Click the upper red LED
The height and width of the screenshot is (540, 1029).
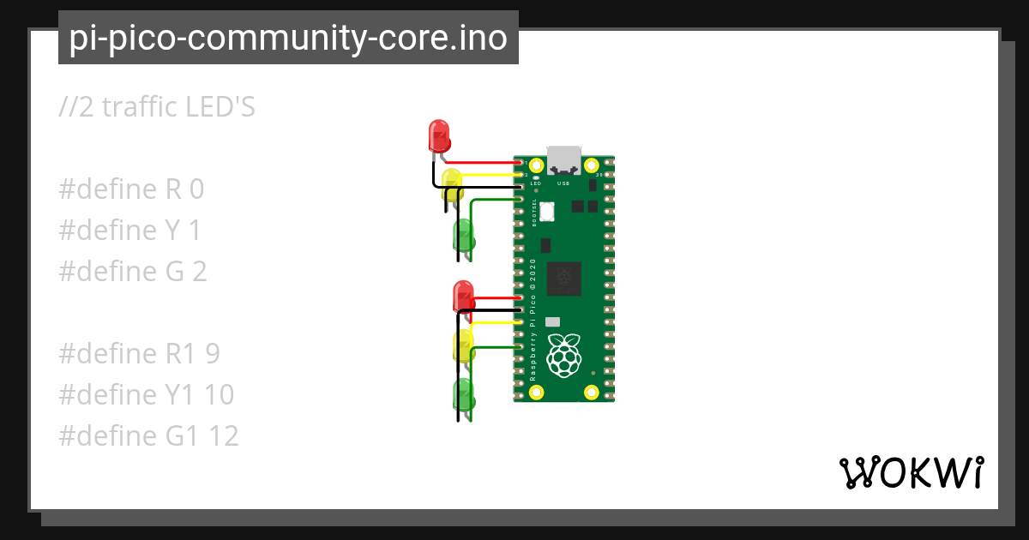click(438, 135)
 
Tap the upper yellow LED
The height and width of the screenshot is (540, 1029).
click(452, 183)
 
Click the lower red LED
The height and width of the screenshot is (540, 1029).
click(463, 296)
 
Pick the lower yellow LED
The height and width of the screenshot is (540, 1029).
click(463, 345)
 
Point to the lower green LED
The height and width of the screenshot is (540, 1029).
click(463, 394)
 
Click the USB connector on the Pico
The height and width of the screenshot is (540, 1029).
click(563, 160)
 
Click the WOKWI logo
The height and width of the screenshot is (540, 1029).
click(911, 472)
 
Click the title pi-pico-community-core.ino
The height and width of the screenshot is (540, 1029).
click(288, 38)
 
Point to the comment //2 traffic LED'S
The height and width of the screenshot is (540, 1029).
click(157, 107)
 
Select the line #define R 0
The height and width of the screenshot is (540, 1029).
click(131, 189)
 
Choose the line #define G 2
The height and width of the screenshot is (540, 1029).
click(133, 272)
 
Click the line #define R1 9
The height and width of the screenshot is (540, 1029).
click(141, 354)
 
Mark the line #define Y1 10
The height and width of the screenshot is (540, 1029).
click(146, 395)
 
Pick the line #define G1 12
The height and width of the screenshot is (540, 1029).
click(148, 436)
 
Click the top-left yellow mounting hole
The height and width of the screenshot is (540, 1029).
click(536, 165)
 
